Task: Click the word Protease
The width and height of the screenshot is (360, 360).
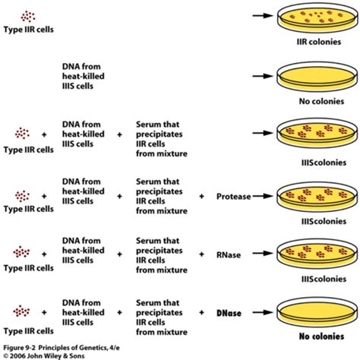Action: pyautogui.click(x=233, y=197)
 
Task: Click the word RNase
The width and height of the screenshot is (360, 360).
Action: pyautogui.click(x=229, y=254)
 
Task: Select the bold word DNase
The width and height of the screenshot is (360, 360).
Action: pyautogui.click(x=229, y=313)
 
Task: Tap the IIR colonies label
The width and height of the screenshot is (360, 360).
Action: pyautogui.click(x=319, y=42)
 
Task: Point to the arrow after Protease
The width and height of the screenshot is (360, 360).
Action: pyautogui.click(x=263, y=196)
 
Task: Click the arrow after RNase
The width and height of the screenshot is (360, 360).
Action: pyautogui.click(x=263, y=253)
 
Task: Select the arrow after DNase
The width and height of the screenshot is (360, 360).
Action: pyautogui.click(x=263, y=312)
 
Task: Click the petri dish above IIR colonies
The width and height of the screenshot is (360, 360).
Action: pyautogui.click(x=317, y=17)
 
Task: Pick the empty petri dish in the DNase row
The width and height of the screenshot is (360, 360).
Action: pyautogui.click(x=317, y=312)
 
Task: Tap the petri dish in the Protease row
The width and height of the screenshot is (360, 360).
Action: pyautogui.click(x=317, y=197)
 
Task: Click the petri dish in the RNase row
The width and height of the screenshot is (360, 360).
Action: pyautogui.click(x=317, y=254)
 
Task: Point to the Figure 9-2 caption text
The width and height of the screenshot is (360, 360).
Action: pyautogui.click(x=62, y=348)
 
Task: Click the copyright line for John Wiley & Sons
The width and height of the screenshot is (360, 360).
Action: pyautogui.click(x=44, y=355)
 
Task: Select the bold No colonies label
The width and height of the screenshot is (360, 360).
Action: pyautogui.click(x=321, y=336)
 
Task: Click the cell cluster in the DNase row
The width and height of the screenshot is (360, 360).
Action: pyautogui.click(x=21, y=311)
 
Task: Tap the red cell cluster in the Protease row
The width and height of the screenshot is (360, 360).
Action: pyautogui.click(x=22, y=196)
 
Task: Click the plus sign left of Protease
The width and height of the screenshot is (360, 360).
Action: pyautogui.click(x=201, y=196)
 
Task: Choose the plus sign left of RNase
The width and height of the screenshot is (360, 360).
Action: pyautogui.click(x=201, y=254)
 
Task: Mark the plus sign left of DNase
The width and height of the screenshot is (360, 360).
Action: pyautogui.click(x=201, y=312)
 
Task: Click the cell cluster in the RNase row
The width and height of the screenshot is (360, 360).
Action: pyautogui.click(x=21, y=252)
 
